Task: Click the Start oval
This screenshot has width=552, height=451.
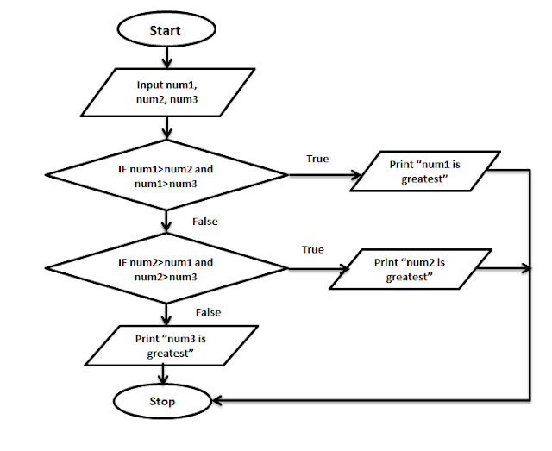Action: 166,30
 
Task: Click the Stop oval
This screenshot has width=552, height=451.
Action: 162,401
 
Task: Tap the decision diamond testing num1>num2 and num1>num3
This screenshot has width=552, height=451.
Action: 166,176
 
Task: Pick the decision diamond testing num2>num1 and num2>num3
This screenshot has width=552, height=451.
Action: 166,269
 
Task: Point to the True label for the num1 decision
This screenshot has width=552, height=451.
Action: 317,159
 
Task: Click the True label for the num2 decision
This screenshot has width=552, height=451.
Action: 312,249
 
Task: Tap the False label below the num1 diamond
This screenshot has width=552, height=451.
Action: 205,222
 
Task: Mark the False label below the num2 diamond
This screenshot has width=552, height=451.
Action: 208,312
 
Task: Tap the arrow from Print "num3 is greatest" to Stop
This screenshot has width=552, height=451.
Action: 164,376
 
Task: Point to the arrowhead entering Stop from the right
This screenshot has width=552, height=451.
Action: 220,401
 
